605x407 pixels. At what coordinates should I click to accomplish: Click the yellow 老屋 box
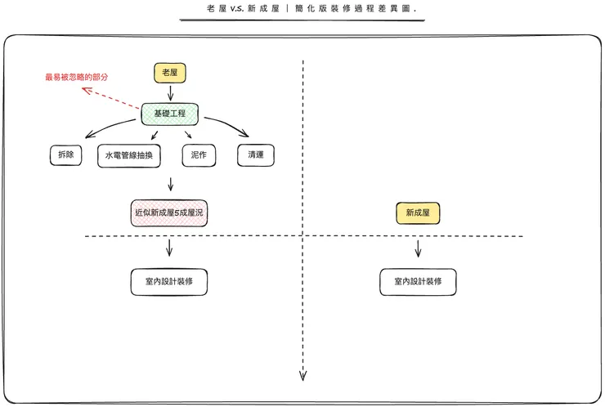tap(170, 73)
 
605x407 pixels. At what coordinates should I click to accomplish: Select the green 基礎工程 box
tap(170, 113)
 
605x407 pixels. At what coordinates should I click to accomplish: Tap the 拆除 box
tap(66, 154)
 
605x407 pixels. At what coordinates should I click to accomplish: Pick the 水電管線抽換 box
tap(131, 155)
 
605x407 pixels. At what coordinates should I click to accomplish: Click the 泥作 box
tap(198, 154)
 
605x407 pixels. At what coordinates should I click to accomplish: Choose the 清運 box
tap(255, 154)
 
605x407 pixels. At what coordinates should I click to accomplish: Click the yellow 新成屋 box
tap(418, 214)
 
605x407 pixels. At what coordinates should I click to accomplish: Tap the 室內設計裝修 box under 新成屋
tap(418, 282)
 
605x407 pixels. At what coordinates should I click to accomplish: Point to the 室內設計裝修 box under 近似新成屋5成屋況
tap(168, 281)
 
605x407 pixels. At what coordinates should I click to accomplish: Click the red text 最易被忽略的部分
tap(76, 78)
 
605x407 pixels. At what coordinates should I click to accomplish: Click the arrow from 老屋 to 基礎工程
tap(170, 92)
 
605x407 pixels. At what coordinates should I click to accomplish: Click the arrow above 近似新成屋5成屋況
tap(170, 184)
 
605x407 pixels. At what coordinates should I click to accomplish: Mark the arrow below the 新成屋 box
tap(418, 248)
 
